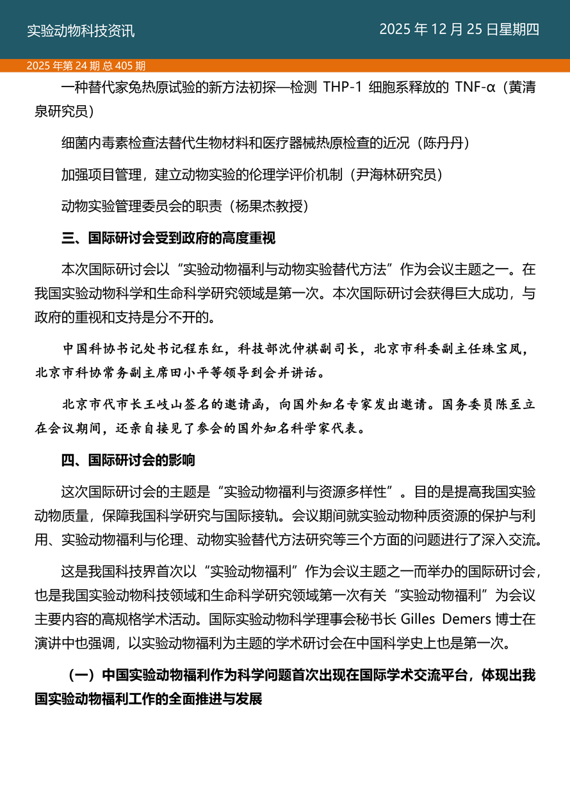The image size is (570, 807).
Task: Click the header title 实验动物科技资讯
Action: coord(81,30)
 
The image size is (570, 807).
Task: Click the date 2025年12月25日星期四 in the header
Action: coord(459,29)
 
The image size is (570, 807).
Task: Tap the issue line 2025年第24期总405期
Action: coord(86,65)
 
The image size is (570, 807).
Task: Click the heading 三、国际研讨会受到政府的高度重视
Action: coord(168,238)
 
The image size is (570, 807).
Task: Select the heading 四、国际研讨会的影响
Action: coord(128,460)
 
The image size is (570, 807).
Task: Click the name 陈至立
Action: coord(498,405)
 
